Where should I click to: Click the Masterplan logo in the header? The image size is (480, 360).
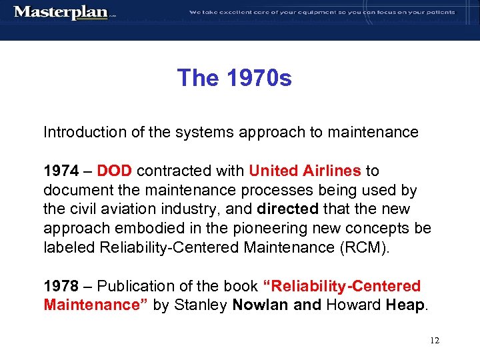pos(61,13)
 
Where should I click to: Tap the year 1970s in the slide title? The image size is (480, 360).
pos(259,79)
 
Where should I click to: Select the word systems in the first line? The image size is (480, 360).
pos(201,133)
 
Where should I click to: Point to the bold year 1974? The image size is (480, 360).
pos(61,171)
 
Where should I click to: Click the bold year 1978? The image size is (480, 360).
pos(61,287)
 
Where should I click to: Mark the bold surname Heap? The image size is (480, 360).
pos(404,305)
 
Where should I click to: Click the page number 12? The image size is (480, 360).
pos(435,340)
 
